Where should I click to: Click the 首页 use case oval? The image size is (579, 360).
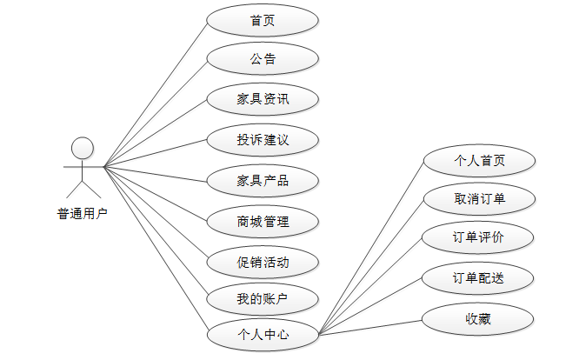[x=263, y=20]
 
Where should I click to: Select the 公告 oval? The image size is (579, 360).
[x=263, y=59]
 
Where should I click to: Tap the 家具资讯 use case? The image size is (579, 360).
[x=263, y=99]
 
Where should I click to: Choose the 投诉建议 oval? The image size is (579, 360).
[x=263, y=139]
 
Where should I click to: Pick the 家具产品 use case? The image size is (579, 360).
[x=263, y=180]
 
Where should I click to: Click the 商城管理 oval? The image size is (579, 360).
[x=263, y=220]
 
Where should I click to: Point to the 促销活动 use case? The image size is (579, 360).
[x=263, y=261]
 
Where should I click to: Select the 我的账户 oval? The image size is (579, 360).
[x=263, y=300]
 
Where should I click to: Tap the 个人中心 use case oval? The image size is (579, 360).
[x=263, y=334]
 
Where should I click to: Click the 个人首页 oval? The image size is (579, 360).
[x=479, y=160]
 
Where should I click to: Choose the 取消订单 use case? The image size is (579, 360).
[x=479, y=199]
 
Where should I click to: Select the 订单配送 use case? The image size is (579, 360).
[x=479, y=278]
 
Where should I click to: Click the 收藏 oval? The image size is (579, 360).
[x=479, y=318]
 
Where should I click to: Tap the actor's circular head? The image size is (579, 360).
[x=83, y=145]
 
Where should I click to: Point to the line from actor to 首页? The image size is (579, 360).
[x=156, y=93]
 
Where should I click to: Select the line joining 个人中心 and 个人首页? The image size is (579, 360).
[x=370, y=246]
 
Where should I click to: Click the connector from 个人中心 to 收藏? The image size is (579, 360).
[x=370, y=326]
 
